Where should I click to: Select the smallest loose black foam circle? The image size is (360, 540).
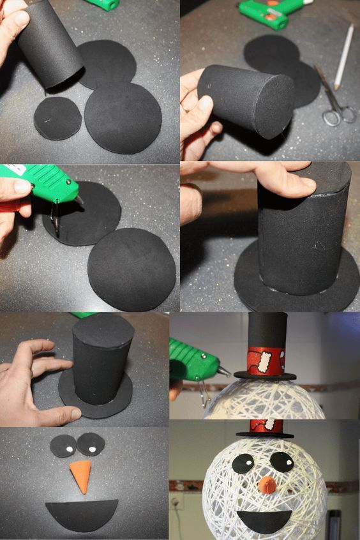tap(58, 118)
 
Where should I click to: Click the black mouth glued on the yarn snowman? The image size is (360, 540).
tap(264, 519)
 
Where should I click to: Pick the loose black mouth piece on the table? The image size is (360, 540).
tap(82, 513)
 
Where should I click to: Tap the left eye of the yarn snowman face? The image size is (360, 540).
tap(242, 463)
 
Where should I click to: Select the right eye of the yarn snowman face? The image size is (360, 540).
tap(281, 461)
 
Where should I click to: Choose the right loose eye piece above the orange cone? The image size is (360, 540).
tap(91, 443)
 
